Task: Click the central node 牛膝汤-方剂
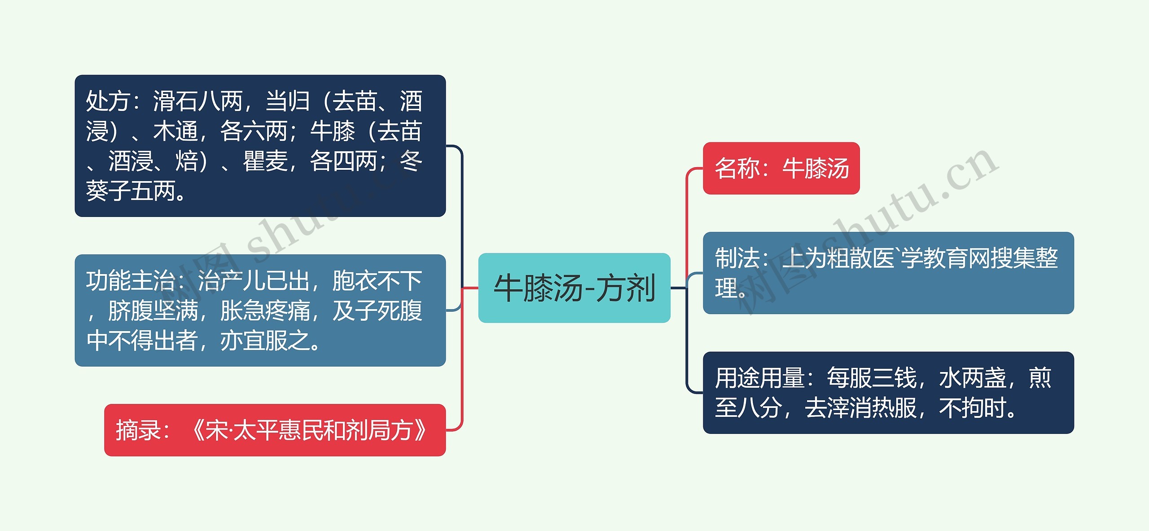[x=574, y=288]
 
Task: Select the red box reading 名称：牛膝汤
[x=781, y=168]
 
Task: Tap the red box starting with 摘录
[x=275, y=430]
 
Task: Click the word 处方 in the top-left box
[x=108, y=101]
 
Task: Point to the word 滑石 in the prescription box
[x=175, y=101]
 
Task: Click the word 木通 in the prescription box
[x=175, y=131]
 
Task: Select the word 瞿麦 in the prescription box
[x=265, y=161]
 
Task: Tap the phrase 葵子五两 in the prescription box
[x=130, y=191]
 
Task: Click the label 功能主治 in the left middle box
[x=130, y=281]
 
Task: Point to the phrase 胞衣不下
[x=377, y=281]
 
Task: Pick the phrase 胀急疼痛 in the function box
[x=265, y=311]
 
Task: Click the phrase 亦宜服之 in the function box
[x=265, y=341]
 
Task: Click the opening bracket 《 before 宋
[x=197, y=430]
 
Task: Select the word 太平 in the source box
[x=256, y=430]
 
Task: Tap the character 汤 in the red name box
[x=838, y=168]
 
